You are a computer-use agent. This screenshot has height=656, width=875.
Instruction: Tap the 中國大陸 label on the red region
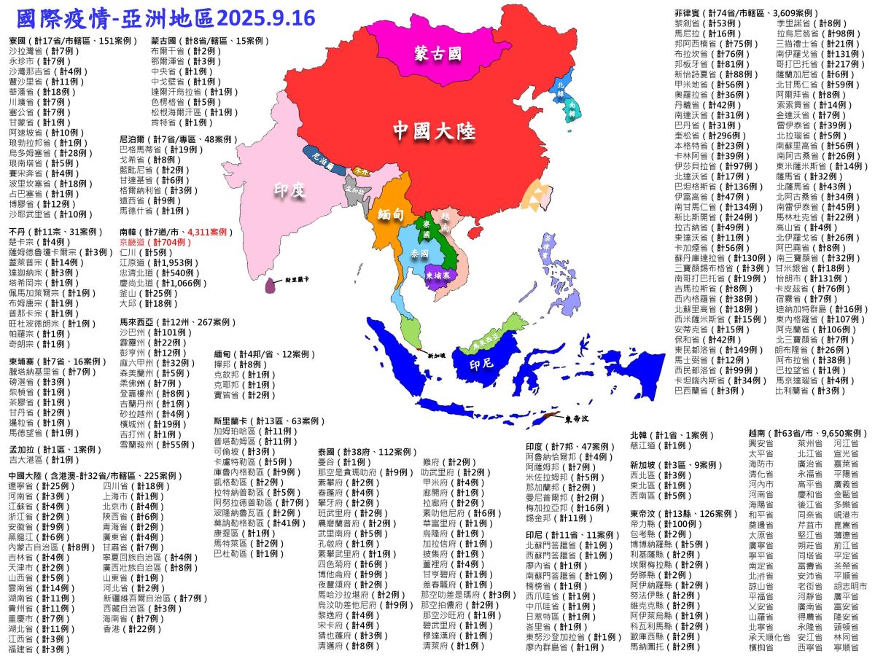coord(435,131)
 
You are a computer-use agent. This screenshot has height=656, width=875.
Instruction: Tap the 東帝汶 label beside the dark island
coord(579,419)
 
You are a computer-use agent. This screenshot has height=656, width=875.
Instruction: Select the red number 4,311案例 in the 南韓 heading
coord(209,231)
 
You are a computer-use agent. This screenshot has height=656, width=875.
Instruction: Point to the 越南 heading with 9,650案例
coord(808,433)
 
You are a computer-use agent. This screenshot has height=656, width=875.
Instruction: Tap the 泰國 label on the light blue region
coord(419,253)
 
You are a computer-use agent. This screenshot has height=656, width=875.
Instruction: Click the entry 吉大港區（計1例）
coord(44,460)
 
